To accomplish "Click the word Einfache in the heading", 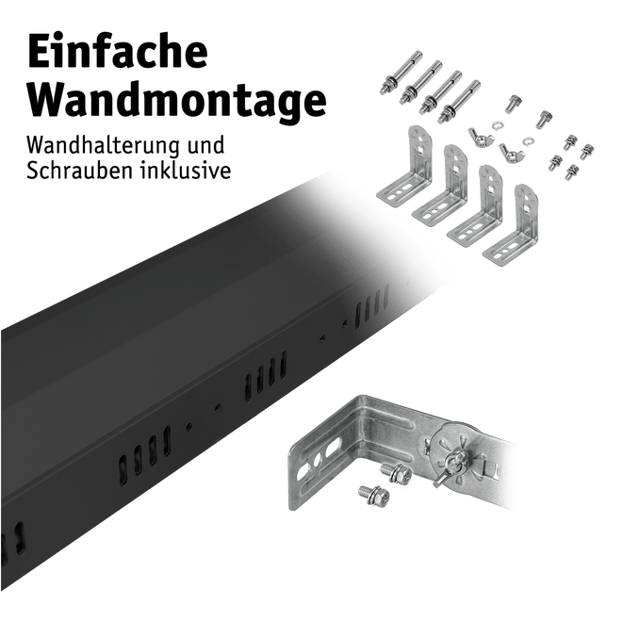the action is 118,52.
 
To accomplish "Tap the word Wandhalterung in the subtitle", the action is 103,145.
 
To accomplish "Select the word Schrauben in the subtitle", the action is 80,171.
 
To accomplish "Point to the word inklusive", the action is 186,171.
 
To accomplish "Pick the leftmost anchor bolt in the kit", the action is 401,73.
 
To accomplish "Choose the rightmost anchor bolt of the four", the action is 459,102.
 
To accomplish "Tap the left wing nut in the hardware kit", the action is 482,138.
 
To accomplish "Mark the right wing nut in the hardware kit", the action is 512,152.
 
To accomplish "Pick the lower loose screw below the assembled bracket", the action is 374,495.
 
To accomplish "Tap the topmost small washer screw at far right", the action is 569,141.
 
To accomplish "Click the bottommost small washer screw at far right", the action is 572,172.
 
